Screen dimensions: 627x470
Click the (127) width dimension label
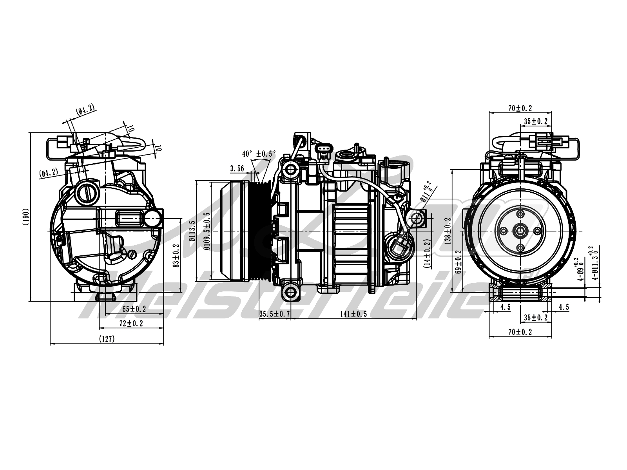pyautogui.click(x=107, y=339)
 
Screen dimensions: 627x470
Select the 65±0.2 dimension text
pyautogui.click(x=134, y=309)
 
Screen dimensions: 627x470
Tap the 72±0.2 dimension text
pyautogui.click(x=131, y=324)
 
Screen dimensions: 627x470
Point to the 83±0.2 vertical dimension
pyautogui.click(x=176, y=256)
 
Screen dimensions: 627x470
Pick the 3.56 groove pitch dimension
pyautogui.click(x=237, y=169)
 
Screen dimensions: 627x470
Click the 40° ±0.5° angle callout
pyautogui.click(x=259, y=154)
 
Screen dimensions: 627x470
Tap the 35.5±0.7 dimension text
pyautogui.click(x=274, y=314)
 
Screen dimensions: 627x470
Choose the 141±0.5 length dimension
pyautogui.click(x=353, y=314)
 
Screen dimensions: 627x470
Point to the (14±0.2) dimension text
pyautogui.click(x=427, y=253)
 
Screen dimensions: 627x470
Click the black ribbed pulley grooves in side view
pyautogui.click(x=259, y=231)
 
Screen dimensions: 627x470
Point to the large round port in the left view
pyautogui.click(x=87, y=192)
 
